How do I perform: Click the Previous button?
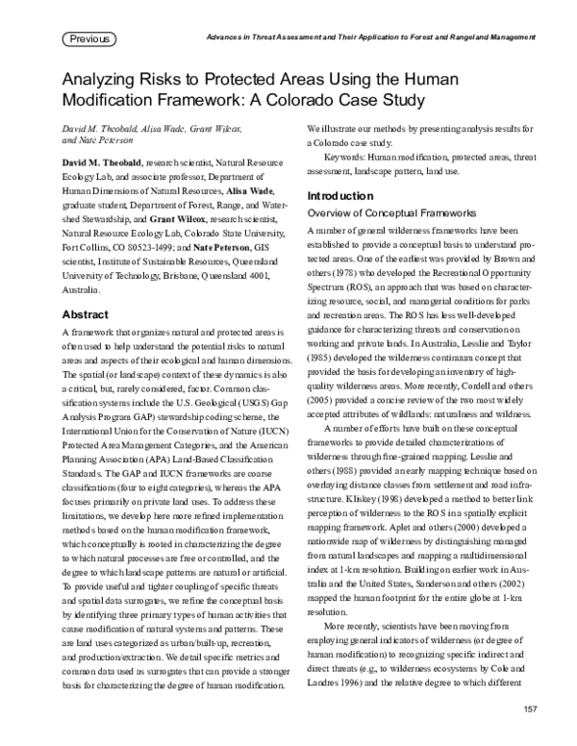pyautogui.click(x=89, y=39)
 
